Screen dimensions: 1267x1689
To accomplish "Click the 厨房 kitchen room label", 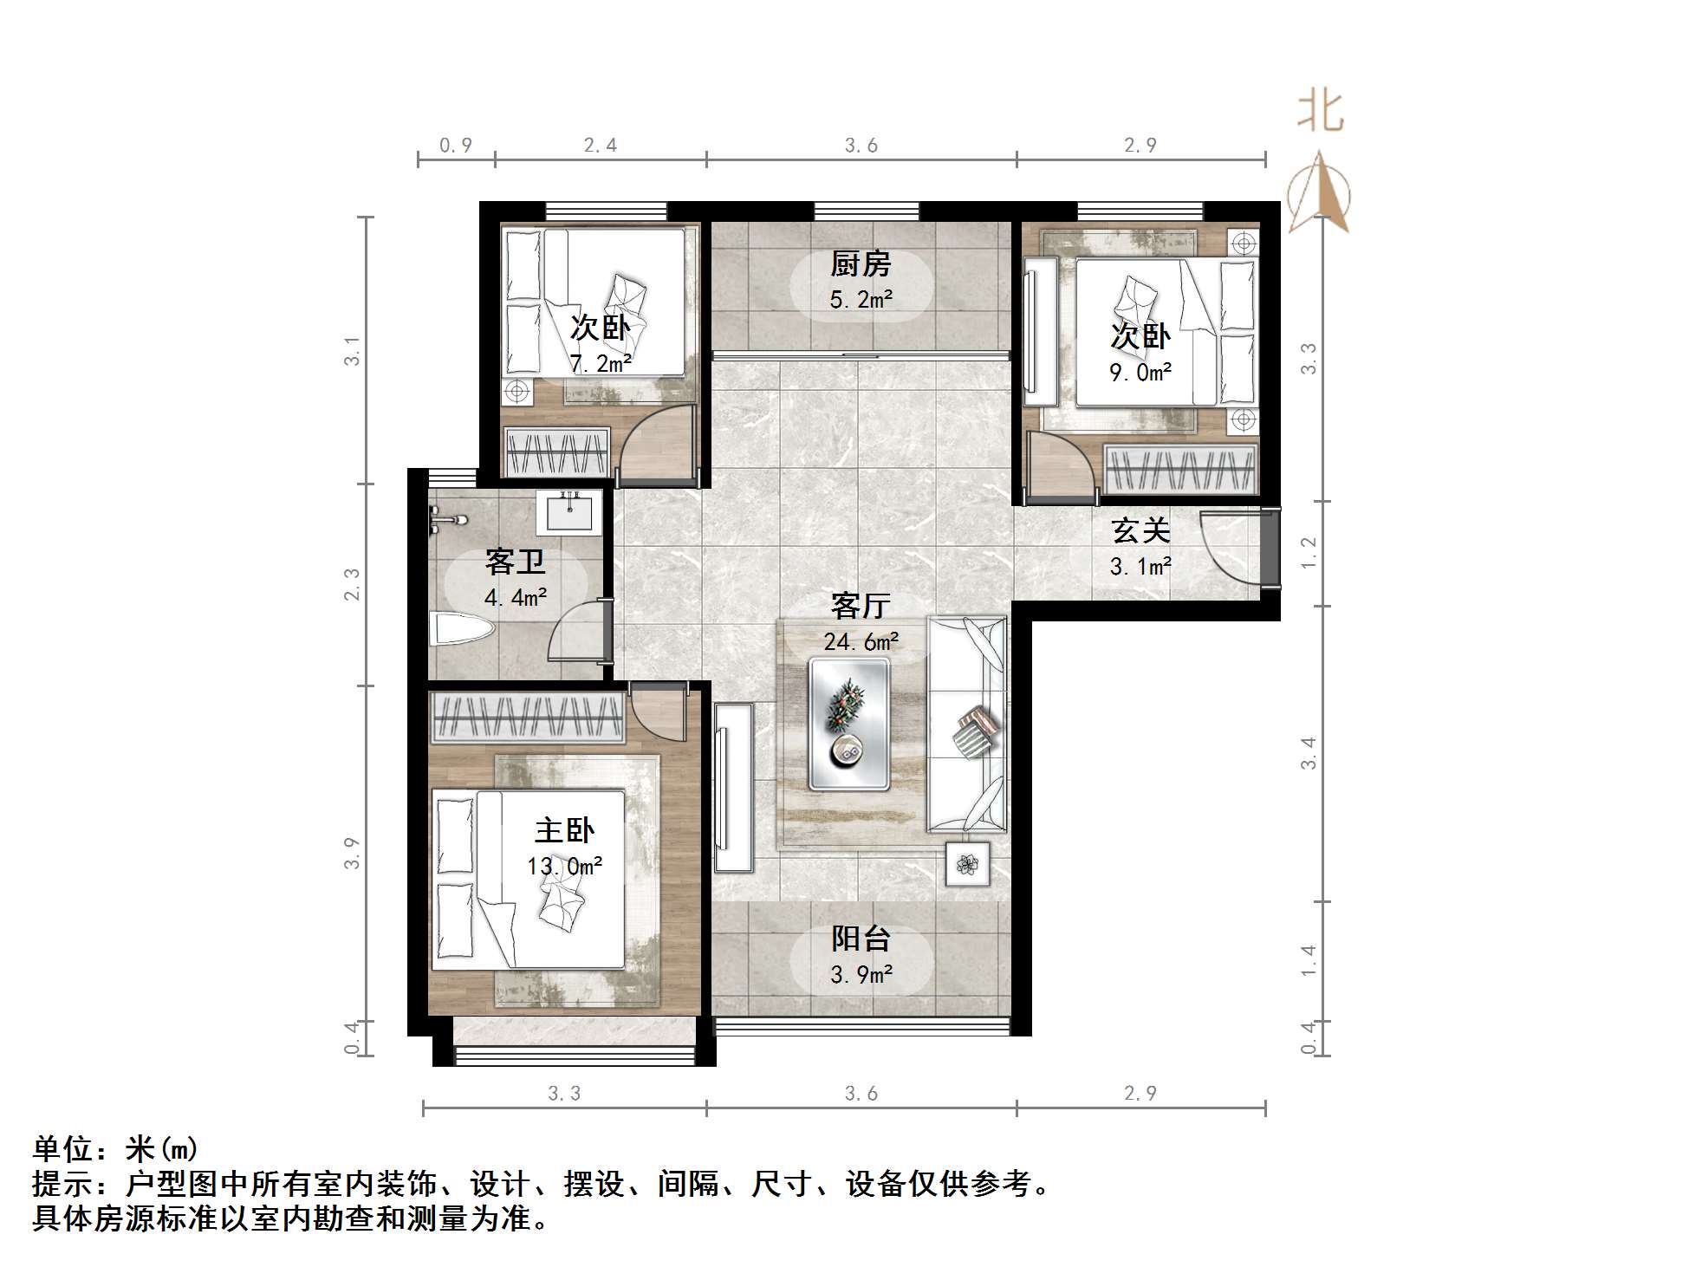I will pos(860,263).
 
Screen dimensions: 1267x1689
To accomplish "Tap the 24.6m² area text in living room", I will pos(861,642).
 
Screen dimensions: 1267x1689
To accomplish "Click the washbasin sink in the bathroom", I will pos(568,511).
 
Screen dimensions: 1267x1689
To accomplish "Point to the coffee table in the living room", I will pos(848,724).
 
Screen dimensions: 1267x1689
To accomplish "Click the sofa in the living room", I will pos(967,724).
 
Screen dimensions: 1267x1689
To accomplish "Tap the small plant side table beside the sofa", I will pos(967,864).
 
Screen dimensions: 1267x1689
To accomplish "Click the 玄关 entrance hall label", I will pos(1140,530).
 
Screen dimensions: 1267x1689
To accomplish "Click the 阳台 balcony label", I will pos(860,939).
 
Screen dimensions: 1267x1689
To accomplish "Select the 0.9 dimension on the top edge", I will pos(456,146).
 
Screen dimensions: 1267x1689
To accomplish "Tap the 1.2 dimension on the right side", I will pos(1309,553).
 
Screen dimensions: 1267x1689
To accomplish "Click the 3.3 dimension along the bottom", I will pos(564,1094).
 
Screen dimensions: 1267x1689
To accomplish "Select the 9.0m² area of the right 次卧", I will pos(1140,373).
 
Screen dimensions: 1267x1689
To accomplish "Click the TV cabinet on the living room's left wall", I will pos(733,787).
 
